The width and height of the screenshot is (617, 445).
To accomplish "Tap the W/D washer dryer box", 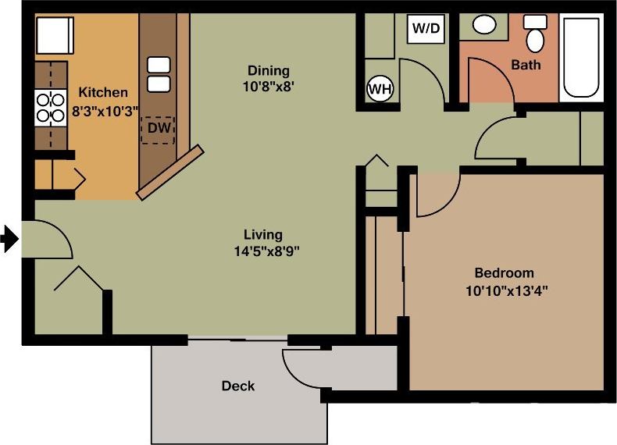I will pyautogui.click(x=426, y=30).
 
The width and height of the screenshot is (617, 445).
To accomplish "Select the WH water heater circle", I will pyautogui.click(x=380, y=89).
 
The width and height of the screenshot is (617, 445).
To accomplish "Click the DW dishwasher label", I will pyautogui.click(x=159, y=128).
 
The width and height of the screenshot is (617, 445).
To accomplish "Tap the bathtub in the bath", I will pyautogui.click(x=583, y=55).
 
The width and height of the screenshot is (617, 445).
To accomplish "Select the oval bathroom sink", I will pyautogui.click(x=485, y=25).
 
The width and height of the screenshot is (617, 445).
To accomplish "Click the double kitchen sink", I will pyautogui.click(x=159, y=74).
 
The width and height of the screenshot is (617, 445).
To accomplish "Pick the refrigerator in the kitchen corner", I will pyautogui.click(x=54, y=35).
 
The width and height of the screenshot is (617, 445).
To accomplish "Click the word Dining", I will pyautogui.click(x=268, y=71).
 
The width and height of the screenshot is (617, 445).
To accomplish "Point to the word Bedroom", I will pyautogui.click(x=505, y=272).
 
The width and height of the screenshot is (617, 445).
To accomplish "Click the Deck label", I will pyautogui.click(x=237, y=386).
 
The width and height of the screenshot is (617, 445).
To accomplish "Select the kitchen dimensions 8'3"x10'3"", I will pyautogui.click(x=104, y=111).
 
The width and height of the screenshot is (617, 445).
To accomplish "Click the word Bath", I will pyautogui.click(x=525, y=65).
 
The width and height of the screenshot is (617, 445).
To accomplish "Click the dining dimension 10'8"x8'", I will pyautogui.click(x=268, y=87).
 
